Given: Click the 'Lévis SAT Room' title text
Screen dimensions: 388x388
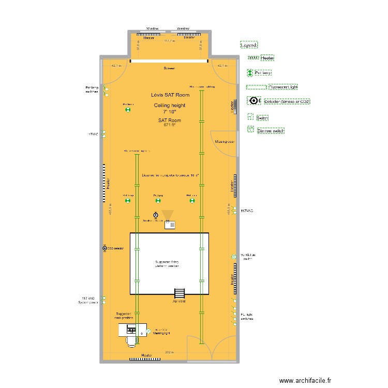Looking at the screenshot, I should click(170, 95).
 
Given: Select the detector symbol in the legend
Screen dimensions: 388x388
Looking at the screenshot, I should click(253, 101).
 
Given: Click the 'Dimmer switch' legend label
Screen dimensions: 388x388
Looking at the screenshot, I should click(271, 131).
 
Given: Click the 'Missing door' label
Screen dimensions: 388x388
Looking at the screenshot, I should click(226, 141).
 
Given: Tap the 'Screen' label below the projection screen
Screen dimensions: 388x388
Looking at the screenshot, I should click(169, 68).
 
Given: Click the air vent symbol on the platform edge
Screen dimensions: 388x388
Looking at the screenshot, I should click(179, 293).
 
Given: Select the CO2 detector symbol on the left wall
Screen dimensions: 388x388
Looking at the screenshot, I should click(105, 248).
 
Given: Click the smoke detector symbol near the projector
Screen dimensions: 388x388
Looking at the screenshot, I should click(155, 215).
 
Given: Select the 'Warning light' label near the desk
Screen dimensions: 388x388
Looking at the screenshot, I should click(161, 334).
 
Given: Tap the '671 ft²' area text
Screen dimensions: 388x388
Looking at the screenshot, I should click(170, 125).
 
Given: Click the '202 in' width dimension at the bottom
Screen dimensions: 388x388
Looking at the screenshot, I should click(169, 352).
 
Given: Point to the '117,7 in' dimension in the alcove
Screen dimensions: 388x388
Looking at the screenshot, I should click(169, 41).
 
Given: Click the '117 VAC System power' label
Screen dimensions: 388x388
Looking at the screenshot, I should click(89, 301).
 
